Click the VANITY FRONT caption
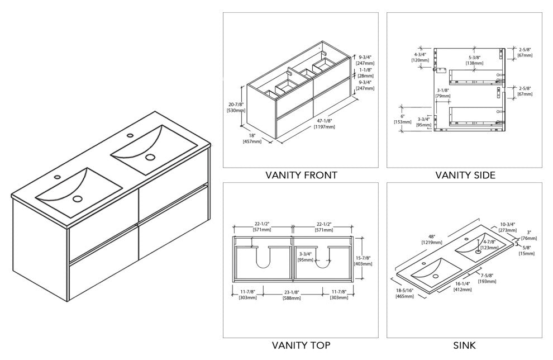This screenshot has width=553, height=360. click(x=301, y=175)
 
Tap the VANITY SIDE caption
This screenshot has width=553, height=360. click(x=465, y=175)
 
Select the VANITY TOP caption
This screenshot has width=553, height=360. click(x=301, y=345)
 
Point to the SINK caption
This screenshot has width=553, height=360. click(x=465, y=345)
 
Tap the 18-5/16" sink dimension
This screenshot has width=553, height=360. click(x=406, y=292)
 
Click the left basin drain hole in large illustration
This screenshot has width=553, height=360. click(x=77, y=197)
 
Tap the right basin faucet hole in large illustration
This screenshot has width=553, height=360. click(x=130, y=135)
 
